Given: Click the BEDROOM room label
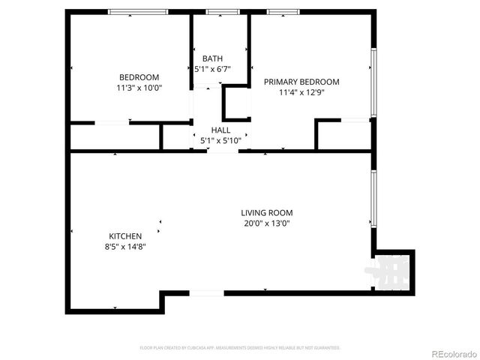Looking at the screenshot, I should pyautogui.click(x=139, y=77).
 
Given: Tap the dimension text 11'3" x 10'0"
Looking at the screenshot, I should pyautogui.click(x=139, y=88).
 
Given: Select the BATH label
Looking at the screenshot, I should pyautogui.click(x=212, y=58).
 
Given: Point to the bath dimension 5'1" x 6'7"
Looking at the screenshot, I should pyautogui.click(x=212, y=69).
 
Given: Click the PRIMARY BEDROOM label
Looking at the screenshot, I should pyautogui.click(x=301, y=82).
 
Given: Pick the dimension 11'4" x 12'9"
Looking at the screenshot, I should pyautogui.click(x=301, y=93).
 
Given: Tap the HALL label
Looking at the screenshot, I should pyautogui.click(x=220, y=130).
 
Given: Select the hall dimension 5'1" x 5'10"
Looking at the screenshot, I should pyautogui.click(x=220, y=140).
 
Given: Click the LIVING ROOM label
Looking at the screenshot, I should pyautogui.click(x=266, y=212).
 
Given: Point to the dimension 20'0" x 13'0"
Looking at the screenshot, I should pyautogui.click(x=266, y=223).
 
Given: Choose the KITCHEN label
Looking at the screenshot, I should pyautogui.click(x=124, y=236).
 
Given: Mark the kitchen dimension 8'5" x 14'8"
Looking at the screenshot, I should pyautogui.click(x=124, y=247).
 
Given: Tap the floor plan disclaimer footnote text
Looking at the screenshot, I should pyautogui.click(x=240, y=348).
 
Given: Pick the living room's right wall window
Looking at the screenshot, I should pyautogui.click(x=373, y=198).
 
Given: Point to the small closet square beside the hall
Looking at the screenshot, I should pyautogui.click(x=236, y=103).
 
